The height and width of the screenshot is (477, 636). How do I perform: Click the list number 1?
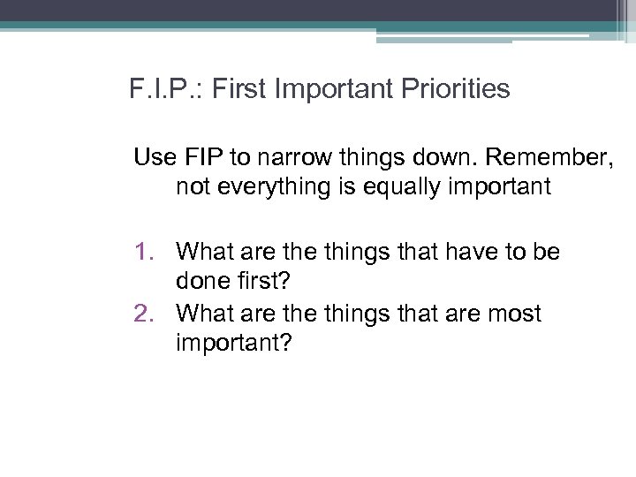click(x=143, y=253)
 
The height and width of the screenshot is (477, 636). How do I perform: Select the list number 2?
click(x=143, y=313)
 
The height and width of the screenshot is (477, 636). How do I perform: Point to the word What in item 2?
click(x=202, y=313)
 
